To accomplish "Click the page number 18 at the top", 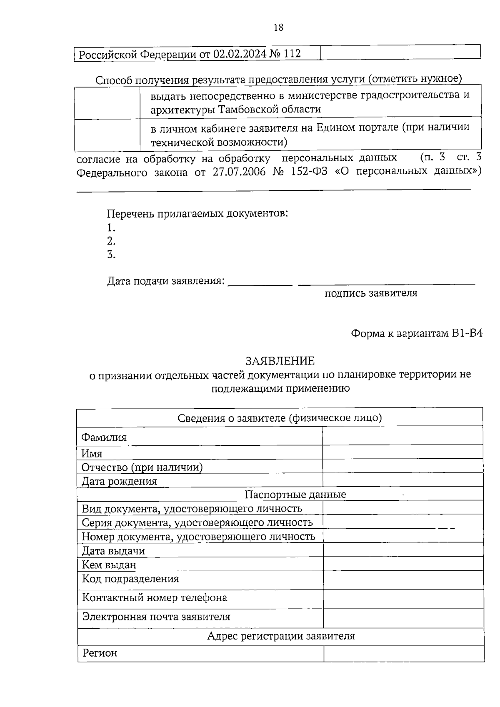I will point(278,27).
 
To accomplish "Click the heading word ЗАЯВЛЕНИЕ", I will point(280,360).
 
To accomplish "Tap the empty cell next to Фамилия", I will point(402,437).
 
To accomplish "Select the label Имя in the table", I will point(92,453).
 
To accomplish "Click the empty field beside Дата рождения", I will point(402,480).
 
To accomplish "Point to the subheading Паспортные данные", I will point(295,495).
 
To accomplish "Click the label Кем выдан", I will point(109,565).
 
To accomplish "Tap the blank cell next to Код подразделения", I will point(403,580).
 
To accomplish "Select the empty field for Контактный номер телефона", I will point(403,599).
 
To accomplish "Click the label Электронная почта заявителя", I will point(156,617).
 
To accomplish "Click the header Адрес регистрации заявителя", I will point(281,636).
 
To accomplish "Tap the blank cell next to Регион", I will point(403,653).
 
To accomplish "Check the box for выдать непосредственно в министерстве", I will point(107,102).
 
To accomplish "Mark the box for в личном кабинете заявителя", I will point(107,135).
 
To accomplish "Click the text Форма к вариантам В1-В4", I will point(416,333).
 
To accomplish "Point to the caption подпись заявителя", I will point(371,293).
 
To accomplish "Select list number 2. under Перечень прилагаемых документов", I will point(111,241).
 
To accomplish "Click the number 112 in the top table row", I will point(292,54).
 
